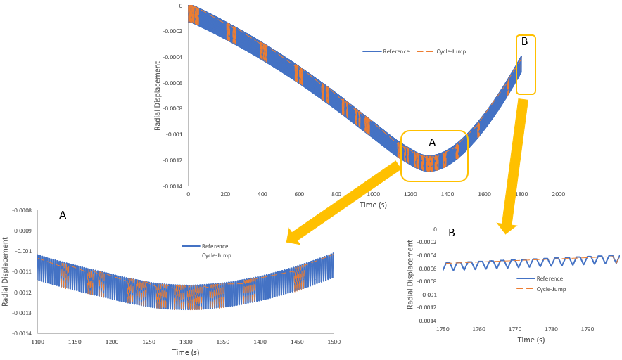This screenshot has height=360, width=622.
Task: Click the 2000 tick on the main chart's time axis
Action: pos(558,193)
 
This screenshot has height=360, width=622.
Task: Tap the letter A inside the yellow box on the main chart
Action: pos(432,142)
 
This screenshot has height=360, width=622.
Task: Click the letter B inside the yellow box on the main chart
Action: pos(524,41)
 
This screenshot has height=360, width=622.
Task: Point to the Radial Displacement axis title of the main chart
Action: pos(158,96)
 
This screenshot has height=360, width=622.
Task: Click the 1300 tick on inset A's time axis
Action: pos(186,342)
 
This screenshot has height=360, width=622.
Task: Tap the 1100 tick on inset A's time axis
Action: pos(38,342)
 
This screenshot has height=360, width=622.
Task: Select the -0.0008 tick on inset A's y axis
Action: pos(22,210)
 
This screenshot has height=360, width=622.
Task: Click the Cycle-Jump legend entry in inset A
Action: pos(217,255)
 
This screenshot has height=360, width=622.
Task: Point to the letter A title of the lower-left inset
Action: pos(63,215)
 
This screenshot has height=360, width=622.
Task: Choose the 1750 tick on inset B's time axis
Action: pos(443,328)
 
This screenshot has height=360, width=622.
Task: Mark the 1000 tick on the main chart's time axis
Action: pos(373,193)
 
